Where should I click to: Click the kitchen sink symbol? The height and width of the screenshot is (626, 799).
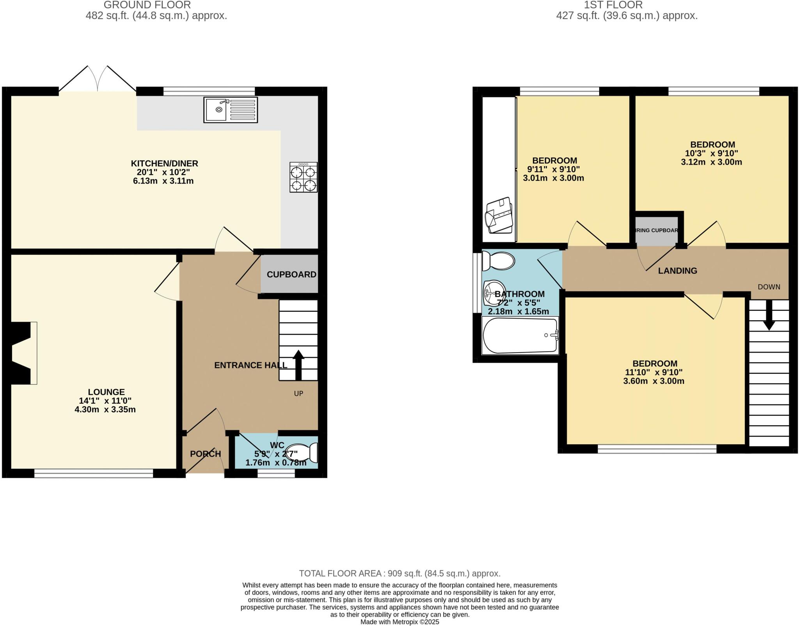(x=231, y=110)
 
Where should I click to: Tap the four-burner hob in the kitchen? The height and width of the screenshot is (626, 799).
(x=303, y=177)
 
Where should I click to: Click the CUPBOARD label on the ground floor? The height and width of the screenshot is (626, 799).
(x=291, y=275)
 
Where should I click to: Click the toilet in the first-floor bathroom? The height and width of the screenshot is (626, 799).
(x=498, y=261)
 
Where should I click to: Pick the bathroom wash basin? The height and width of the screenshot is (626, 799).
(x=492, y=293)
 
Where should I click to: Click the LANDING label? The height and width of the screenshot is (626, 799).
(x=677, y=271)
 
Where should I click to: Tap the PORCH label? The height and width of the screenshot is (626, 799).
(x=205, y=454)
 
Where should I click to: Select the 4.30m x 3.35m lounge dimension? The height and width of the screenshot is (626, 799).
(x=105, y=410)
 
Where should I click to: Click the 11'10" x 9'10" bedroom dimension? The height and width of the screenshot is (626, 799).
(x=653, y=372)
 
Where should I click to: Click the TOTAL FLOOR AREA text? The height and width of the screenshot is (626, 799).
(x=399, y=573)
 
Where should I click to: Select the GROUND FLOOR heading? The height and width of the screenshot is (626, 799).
(x=147, y=5)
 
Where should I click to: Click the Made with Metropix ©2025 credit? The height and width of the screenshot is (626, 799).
(x=399, y=622)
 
